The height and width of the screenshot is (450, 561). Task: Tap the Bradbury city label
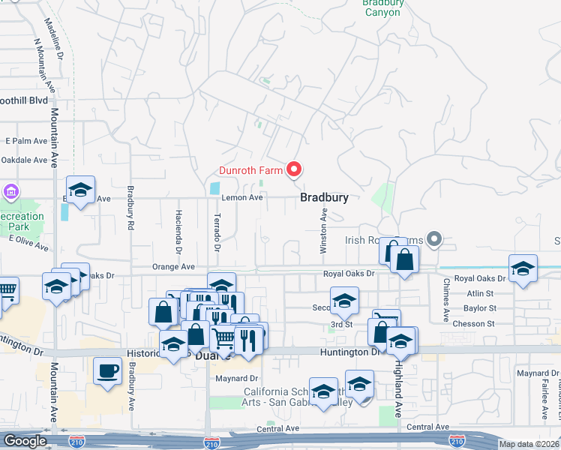(324, 198)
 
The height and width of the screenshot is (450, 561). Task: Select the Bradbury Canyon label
(383, 7)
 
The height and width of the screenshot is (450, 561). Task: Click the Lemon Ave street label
(242, 198)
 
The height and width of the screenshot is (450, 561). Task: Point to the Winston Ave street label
(324, 224)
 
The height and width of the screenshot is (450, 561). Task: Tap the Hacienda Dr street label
(178, 231)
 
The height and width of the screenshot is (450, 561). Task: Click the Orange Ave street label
(173, 267)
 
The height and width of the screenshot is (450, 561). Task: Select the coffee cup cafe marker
(108, 370)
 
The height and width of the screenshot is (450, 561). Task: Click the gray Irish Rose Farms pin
(434, 240)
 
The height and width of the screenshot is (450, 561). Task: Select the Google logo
(24, 441)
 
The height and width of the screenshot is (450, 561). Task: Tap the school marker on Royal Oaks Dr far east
(523, 268)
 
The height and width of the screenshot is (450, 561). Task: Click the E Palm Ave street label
(26, 141)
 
